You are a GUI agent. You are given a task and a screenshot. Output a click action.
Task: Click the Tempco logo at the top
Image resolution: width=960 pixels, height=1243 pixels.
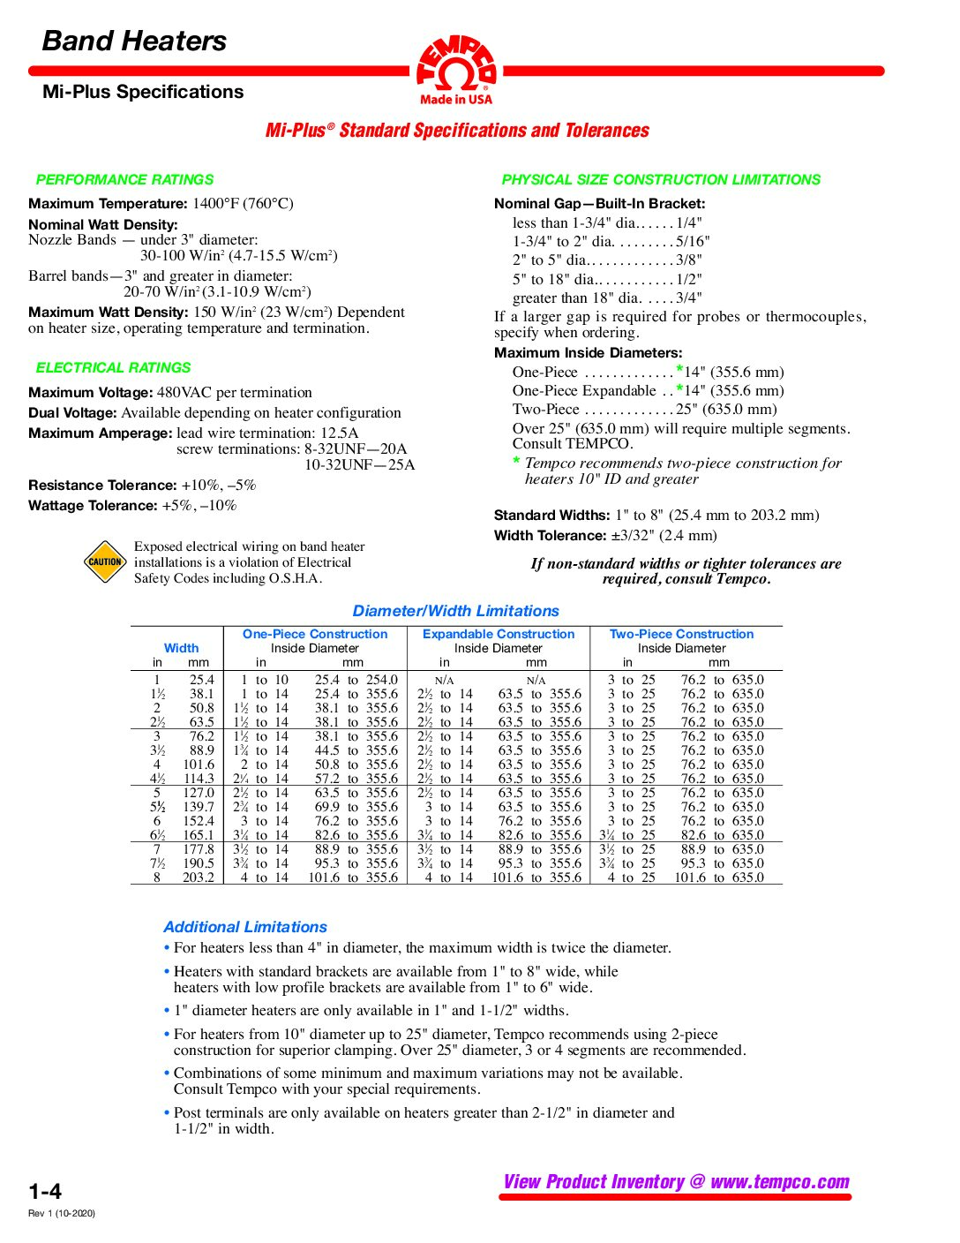click(x=456, y=69)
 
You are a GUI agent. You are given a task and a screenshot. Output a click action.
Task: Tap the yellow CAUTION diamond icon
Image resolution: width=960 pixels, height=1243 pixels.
click(x=105, y=561)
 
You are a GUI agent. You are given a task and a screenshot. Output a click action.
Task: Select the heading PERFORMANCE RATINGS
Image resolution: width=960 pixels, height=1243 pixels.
click(x=124, y=179)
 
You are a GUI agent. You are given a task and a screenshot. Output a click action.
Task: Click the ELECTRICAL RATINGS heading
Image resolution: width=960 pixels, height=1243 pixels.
click(x=113, y=367)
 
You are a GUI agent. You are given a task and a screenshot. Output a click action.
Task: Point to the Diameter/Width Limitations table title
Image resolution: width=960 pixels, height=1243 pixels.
click(x=455, y=611)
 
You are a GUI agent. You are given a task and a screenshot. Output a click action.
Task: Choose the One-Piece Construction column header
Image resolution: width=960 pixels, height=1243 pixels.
click(x=315, y=634)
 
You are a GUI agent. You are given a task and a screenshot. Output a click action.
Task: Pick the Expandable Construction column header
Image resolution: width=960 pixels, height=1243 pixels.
click(x=499, y=634)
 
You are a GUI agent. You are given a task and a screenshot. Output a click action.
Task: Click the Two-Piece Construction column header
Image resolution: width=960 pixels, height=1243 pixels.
click(x=682, y=634)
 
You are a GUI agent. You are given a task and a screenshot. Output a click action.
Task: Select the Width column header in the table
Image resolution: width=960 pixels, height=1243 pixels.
click(x=181, y=648)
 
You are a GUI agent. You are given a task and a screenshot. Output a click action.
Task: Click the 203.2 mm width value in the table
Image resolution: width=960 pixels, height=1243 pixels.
click(x=199, y=878)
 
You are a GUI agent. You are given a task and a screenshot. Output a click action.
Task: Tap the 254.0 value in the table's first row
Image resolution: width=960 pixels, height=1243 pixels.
click(x=382, y=680)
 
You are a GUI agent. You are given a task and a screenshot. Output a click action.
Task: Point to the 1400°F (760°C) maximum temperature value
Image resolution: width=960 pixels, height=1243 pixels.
click(x=243, y=203)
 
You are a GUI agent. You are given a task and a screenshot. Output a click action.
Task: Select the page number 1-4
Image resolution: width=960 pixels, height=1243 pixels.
click(x=45, y=1191)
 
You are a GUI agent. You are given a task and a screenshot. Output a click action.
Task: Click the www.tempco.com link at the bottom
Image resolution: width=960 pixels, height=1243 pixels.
click(x=780, y=1182)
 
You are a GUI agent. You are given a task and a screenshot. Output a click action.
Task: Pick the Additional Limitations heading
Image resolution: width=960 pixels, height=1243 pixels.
click(x=245, y=927)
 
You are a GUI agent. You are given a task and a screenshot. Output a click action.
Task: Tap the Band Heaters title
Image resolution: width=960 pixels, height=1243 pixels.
click(x=134, y=41)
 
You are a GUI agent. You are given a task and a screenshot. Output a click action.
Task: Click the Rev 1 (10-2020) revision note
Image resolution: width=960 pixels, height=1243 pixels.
click(x=62, y=1213)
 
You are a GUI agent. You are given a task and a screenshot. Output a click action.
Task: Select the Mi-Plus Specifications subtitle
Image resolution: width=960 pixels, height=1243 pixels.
click(x=143, y=92)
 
